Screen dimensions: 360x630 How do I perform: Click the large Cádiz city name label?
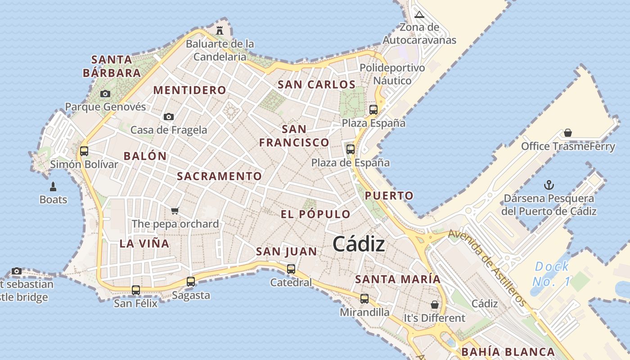pos(359,244)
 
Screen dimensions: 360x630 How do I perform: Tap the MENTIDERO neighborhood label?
pos(189,90)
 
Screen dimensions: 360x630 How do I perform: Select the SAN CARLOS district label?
pos(316,85)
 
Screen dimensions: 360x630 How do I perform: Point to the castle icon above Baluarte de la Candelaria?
pos(220,31)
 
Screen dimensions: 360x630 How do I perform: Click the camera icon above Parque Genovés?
pos(105,94)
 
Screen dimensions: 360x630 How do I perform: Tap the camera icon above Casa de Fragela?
pos(169,117)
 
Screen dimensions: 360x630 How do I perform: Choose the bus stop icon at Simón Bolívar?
pos(84,151)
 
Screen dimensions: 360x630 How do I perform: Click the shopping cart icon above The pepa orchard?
pos(175,211)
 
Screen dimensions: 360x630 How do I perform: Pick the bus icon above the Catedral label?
pos(291,269)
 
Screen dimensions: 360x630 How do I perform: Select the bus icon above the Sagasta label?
pos(191,282)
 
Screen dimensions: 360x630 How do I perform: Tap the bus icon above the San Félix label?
pos(136,290)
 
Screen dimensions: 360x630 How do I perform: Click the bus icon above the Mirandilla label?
pos(364,298)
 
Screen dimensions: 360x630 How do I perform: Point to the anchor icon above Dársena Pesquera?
pos(549,185)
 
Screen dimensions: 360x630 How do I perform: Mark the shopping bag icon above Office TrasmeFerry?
pos(568,133)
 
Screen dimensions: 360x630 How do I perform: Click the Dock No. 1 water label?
pos(552,274)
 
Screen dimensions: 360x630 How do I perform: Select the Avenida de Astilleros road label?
pos(487,268)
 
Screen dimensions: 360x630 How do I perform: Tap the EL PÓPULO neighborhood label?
pos(315,214)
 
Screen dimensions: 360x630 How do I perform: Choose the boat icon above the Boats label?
pos(53,186)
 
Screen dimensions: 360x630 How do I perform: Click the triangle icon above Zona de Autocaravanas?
pos(419,14)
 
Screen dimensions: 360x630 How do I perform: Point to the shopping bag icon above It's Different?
pos(434,305)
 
